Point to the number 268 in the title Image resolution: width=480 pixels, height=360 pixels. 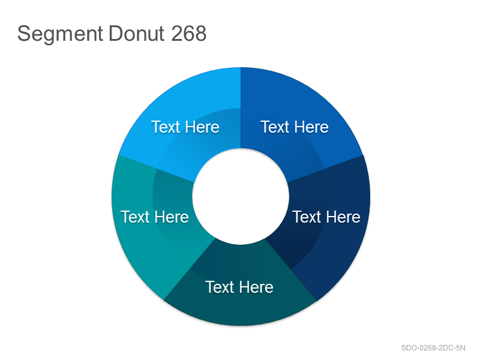click(x=188, y=33)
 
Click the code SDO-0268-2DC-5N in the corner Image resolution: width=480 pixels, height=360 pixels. click(x=433, y=348)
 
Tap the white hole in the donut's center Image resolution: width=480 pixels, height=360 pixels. click(x=241, y=197)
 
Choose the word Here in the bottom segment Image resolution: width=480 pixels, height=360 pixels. click(x=257, y=287)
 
